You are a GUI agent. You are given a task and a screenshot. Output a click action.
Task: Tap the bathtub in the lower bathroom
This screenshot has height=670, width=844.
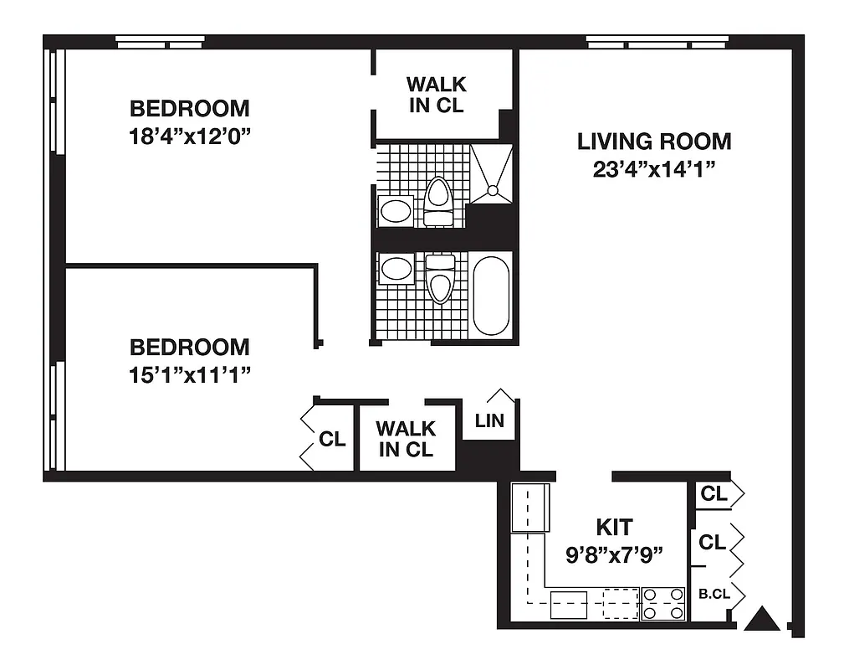pos(491,296)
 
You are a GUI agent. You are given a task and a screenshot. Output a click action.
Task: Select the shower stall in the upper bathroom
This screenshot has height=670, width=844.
pos(490,174)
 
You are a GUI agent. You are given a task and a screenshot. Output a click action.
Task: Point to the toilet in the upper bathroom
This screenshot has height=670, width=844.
pos(438,202)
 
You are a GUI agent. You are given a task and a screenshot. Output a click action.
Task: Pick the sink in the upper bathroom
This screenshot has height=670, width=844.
pos(396,210)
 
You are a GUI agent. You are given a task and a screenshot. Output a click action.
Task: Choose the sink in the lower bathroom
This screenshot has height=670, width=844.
pos(396,270)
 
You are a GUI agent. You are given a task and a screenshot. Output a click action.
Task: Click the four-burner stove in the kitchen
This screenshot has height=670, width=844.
pos(663,604)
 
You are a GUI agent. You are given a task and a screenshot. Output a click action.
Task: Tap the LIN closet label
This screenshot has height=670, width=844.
pos(489,420)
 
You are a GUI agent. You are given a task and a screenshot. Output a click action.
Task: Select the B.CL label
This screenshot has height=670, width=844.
pos(714,595)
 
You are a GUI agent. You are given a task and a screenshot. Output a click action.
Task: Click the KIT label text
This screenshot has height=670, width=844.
pos(614,528)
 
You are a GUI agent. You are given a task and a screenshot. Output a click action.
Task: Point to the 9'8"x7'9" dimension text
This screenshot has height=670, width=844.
pos(615,553)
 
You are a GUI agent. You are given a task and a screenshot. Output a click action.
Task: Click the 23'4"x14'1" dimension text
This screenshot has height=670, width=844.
pos(654,168)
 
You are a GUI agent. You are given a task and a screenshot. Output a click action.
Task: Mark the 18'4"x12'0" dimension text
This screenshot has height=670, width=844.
pos(190,136)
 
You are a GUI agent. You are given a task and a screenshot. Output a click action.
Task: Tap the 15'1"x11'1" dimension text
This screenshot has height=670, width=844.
pos(189,374)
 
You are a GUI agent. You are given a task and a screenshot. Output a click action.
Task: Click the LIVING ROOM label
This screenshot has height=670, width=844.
pos(654,142)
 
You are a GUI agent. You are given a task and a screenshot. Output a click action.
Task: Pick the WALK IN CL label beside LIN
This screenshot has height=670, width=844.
pos(406,439)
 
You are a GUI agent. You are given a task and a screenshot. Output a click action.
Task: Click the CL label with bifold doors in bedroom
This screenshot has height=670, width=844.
pos(332,439)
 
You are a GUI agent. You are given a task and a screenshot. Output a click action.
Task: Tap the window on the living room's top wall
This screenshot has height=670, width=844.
pos(656,41)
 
